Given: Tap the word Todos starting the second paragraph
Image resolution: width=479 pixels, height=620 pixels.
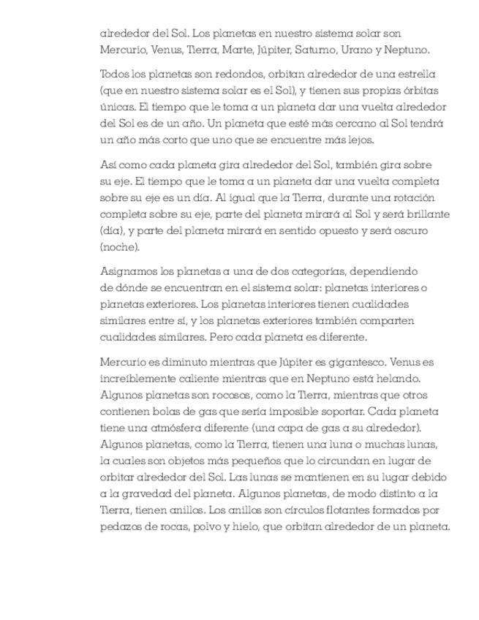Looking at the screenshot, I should [x=114, y=74].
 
